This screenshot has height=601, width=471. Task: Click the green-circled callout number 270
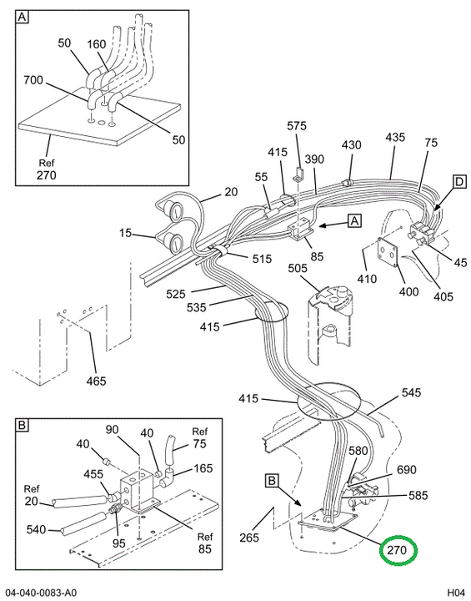(x=396, y=550)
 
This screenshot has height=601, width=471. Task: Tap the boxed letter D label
(x=459, y=182)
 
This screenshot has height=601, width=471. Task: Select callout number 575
(x=297, y=126)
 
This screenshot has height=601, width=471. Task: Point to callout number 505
(x=298, y=268)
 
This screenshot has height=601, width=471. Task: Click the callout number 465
(x=96, y=381)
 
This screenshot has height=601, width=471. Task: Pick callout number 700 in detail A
(x=33, y=80)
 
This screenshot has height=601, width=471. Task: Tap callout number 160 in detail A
(x=97, y=44)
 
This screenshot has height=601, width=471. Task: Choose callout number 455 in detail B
(x=93, y=474)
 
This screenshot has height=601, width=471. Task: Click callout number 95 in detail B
(x=118, y=543)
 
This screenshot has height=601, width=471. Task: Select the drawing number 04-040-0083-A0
(x=41, y=593)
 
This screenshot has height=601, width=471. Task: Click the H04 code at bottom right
(x=456, y=593)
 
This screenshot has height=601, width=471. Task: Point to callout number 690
(x=407, y=469)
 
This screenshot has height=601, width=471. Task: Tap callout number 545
(x=411, y=392)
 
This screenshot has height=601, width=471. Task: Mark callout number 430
(x=352, y=144)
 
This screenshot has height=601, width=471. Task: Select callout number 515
(x=262, y=259)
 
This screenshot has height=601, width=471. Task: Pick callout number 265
(x=249, y=538)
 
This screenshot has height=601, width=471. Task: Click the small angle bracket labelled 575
(x=298, y=174)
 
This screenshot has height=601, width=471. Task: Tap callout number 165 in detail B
(x=203, y=468)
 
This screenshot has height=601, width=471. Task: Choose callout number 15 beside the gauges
(x=125, y=233)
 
